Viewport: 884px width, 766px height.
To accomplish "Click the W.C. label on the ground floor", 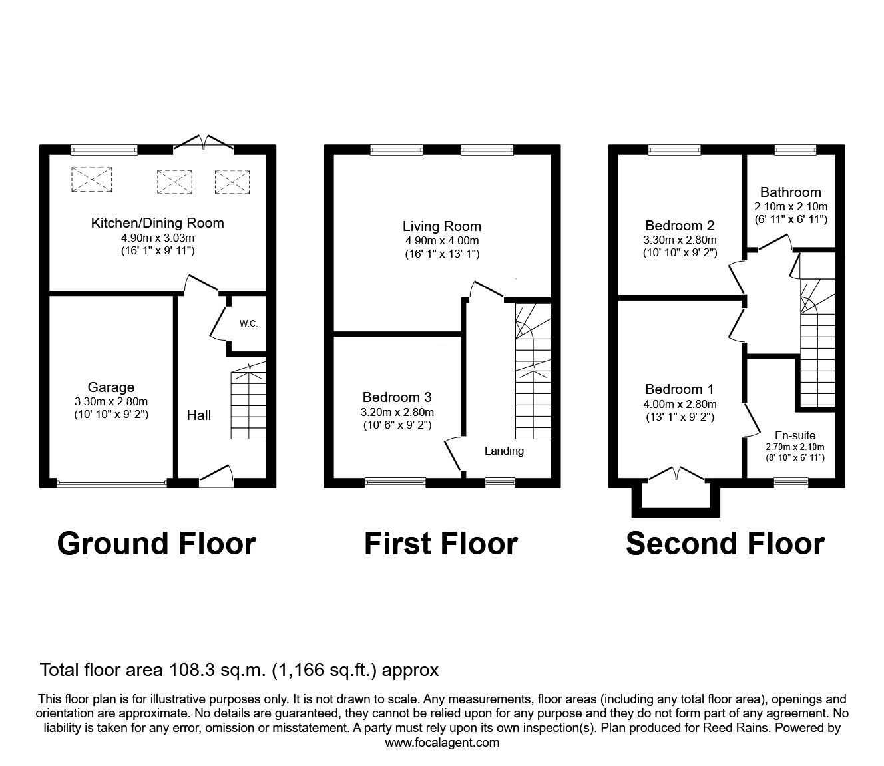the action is [x=248, y=323].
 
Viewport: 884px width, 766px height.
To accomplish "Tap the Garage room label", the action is [x=111, y=387].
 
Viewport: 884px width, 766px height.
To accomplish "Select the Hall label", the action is [x=199, y=415].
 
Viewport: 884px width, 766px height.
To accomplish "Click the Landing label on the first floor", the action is [x=504, y=451].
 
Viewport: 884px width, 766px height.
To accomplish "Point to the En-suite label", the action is [x=795, y=435].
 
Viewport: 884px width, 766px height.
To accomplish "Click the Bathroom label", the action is [x=791, y=192].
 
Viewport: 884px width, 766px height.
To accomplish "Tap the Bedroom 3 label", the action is [x=397, y=397].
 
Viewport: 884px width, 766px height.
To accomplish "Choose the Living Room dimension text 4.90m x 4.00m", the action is [x=442, y=241].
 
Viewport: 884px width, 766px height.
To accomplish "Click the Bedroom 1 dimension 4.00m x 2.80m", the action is [x=680, y=404].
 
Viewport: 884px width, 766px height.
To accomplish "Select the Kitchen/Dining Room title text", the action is [x=157, y=223].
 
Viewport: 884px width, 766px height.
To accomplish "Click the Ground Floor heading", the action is [x=156, y=544].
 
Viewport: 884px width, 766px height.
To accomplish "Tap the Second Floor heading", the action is [x=726, y=544].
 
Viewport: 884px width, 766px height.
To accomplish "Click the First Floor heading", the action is [x=441, y=544].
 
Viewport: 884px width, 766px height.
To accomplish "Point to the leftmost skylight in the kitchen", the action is [x=91, y=179].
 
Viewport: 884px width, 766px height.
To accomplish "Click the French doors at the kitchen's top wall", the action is [x=204, y=143].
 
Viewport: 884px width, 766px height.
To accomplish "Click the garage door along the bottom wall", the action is [x=112, y=484].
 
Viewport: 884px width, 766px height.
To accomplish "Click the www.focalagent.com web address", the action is [x=442, y=743].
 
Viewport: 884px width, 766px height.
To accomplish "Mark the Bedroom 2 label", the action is [x=680, y=226].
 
